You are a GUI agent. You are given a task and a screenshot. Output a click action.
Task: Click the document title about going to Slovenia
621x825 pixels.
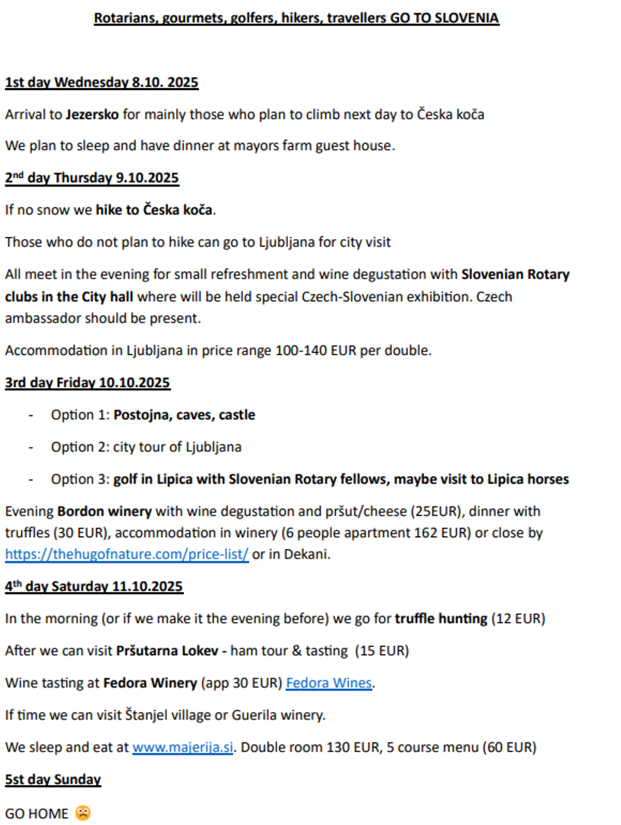(296, 18)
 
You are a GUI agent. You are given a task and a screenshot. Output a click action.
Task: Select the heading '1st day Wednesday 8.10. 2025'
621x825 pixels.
(102, 83)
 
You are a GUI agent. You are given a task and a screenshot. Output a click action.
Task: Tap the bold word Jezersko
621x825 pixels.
(92, 115)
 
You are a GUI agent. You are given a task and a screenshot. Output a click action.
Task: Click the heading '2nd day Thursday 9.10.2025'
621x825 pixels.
(92, 178)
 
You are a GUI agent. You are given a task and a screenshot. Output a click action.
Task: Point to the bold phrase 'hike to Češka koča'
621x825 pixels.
(154, 210)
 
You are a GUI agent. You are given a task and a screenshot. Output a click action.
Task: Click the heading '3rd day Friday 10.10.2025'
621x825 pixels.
(87, 383)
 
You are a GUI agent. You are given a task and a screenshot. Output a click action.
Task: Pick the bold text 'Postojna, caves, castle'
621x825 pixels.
(184, 415)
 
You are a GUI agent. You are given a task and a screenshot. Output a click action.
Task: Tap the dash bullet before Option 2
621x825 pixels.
(31, 447)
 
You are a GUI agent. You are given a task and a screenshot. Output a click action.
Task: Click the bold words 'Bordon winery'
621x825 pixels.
(104, 511)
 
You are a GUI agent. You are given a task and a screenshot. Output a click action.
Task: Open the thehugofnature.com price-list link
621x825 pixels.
(127, 555)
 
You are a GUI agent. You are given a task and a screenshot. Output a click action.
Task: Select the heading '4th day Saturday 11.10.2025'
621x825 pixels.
(94, 587)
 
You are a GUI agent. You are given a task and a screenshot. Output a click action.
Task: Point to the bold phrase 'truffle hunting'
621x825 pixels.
(441, 619)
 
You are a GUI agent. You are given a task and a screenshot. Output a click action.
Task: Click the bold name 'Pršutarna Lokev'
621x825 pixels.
(167, 651)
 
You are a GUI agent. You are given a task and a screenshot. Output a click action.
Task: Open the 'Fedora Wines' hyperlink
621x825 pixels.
(329, 683)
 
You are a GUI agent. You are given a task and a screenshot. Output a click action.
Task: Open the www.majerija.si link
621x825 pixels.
(183, 747)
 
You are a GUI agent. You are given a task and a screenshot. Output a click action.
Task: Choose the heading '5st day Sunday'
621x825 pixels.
(53, 779)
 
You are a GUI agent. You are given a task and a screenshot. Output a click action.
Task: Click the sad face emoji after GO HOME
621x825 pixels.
(83, 813)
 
